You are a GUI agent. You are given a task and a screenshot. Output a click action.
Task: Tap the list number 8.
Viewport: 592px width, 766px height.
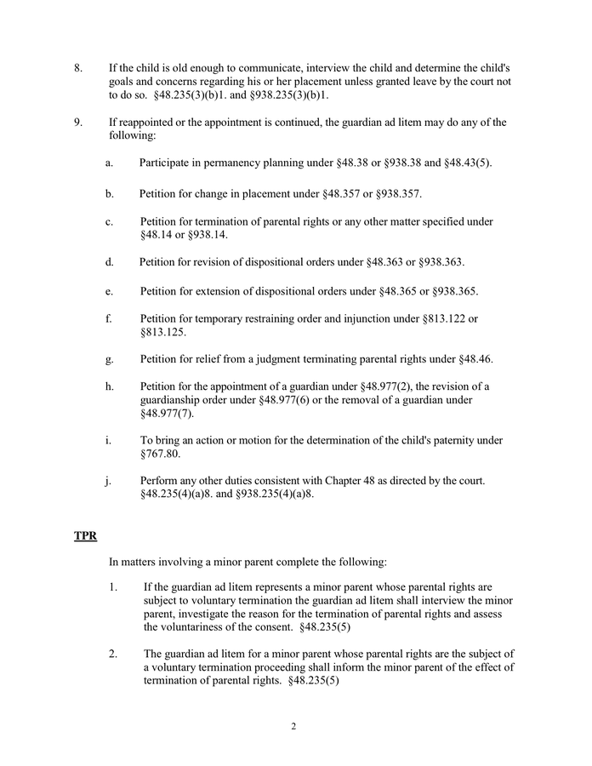pos(78,67)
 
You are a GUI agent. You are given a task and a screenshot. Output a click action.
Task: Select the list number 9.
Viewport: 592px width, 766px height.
pos(78,122)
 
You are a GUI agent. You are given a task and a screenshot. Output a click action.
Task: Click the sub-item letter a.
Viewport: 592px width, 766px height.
pos(110,163)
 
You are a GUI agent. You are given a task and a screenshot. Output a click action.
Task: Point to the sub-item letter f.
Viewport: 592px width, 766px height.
pos(109,318)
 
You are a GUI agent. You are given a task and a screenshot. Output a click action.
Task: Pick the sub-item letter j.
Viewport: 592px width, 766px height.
pos(109,480)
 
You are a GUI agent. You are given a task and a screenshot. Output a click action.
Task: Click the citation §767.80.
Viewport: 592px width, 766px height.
pos(161,454)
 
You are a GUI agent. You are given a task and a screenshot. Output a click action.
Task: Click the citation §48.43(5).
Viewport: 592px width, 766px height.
pos(467,163)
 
